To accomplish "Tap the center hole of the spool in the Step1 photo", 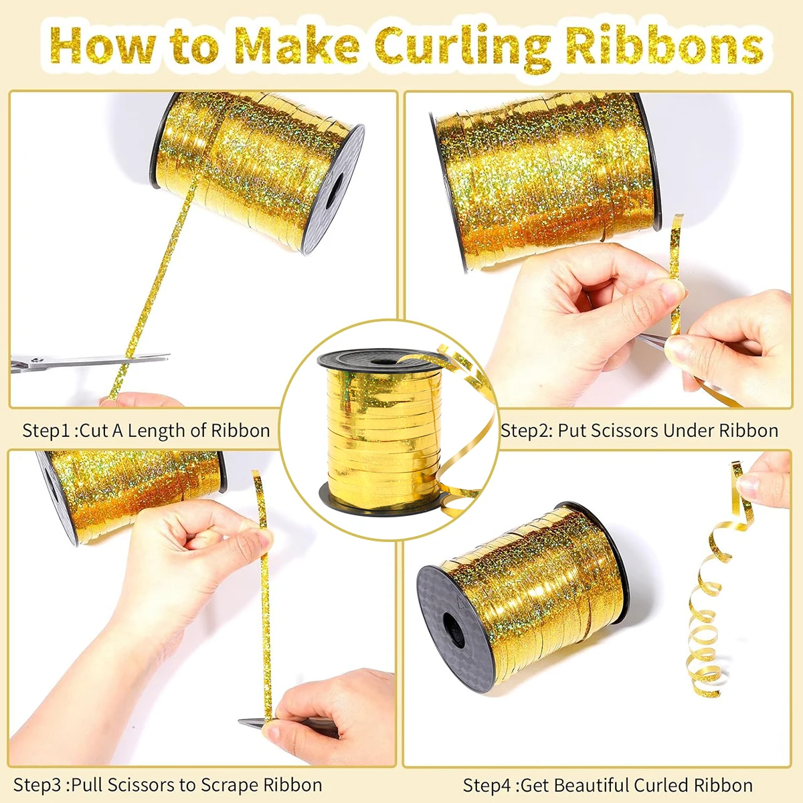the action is pos(333,191).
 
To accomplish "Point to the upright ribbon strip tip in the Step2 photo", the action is pos(679,216).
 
